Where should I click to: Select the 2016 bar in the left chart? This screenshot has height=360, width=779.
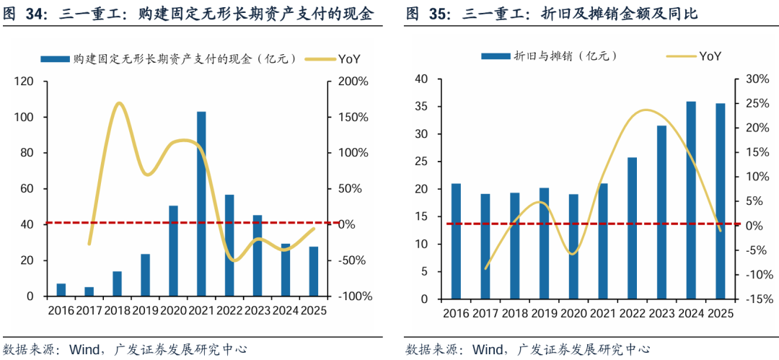tap(61, 290)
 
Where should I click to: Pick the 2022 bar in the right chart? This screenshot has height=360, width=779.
tap(632, 228)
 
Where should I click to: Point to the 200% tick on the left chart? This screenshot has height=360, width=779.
tap(353, 82)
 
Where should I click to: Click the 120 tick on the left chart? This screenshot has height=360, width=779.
tap(24, 82)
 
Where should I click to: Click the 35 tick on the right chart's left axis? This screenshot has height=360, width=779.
tap(421, 107)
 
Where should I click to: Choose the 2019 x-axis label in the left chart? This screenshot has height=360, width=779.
tap(146, 311)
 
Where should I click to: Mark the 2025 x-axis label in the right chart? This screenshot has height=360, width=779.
tap(719, 314)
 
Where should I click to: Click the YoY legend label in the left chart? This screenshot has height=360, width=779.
tap(349, 59)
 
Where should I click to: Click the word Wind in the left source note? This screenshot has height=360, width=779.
tap(84, 349)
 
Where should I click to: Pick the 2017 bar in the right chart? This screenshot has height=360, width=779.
tap(485, 246)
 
